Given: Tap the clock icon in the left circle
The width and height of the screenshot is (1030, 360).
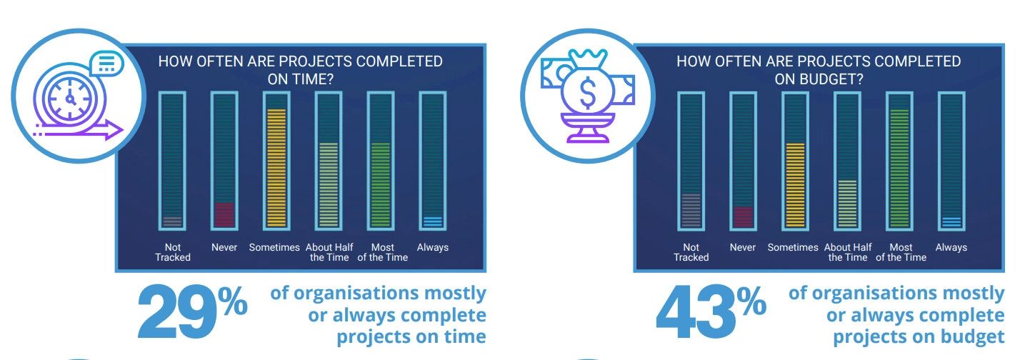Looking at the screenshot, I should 71,99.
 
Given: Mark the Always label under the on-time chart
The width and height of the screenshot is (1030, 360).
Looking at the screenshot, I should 432,248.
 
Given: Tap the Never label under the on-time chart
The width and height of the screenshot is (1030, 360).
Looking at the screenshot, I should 224,248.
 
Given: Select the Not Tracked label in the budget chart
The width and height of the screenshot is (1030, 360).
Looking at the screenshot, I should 691,252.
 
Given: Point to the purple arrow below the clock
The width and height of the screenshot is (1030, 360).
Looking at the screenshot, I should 79,131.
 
